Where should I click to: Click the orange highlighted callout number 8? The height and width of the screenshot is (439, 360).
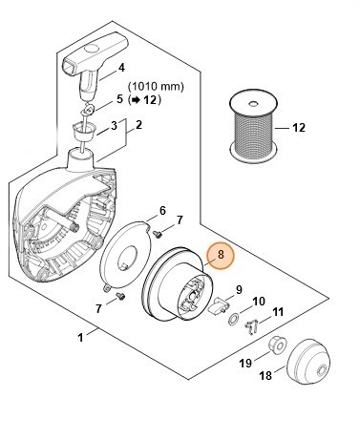tap(221, 255)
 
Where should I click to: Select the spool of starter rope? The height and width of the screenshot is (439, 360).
tap(253, 125)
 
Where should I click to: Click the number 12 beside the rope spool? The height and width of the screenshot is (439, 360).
tap(298, 128)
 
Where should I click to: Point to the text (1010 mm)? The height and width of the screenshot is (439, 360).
tap(156, 86)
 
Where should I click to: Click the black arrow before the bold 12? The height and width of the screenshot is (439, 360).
tap(136, 100)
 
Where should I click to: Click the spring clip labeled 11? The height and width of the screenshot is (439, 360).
tap(251, 327)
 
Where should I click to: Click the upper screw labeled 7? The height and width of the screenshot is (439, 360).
tap(158, 234)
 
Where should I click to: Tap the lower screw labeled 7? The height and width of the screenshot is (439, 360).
tap(120, 296)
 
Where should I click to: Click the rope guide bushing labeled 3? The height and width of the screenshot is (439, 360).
tap(85, 130)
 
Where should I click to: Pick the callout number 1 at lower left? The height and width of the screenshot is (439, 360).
tap(80, 337)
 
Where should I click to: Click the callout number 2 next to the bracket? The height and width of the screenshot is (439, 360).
tap(138, 125)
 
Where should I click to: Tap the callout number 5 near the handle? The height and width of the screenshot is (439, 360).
tap(119, 98)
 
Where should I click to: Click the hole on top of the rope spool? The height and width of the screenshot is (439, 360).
tap(253, 104)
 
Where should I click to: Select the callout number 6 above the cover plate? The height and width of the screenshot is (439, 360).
tap(162, 211)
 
